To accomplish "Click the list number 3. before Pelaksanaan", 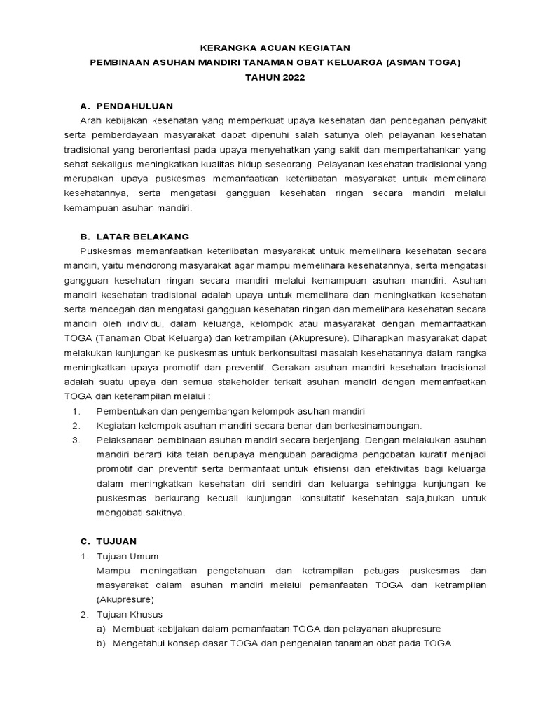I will click(77, 439).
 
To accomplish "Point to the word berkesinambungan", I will click(380, 425).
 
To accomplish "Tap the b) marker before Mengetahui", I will click(102, 643).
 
